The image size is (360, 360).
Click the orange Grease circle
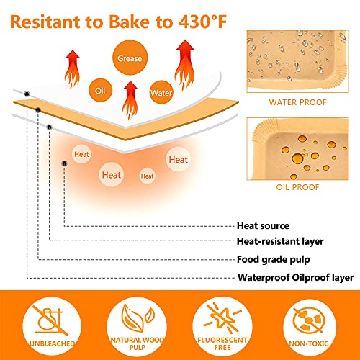(130, 58)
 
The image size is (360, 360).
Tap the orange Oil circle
(100, 91)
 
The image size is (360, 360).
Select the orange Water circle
(161, 92)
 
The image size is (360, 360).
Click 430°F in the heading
(202, 22)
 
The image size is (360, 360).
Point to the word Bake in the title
(129, 22)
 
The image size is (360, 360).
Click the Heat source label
(263, 226)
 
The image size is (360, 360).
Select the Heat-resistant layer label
(280, 241)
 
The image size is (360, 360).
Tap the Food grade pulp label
(274, 260)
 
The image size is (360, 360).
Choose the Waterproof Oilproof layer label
(295, 278)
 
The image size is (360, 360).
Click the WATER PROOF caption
(297, 102)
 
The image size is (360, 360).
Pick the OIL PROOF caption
(297, 187)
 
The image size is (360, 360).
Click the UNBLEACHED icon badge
(52, 325)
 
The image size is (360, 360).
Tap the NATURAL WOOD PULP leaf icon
(138, 318)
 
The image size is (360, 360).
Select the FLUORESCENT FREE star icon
(222, 318)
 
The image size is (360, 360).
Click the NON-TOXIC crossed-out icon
(309, 321)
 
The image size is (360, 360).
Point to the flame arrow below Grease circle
(130, 100)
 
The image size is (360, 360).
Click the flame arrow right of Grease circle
(185, 65)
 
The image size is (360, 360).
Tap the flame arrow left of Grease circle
(72, 69)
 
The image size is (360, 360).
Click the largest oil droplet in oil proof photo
(298, 158)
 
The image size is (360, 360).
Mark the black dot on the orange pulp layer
(38, 110)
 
